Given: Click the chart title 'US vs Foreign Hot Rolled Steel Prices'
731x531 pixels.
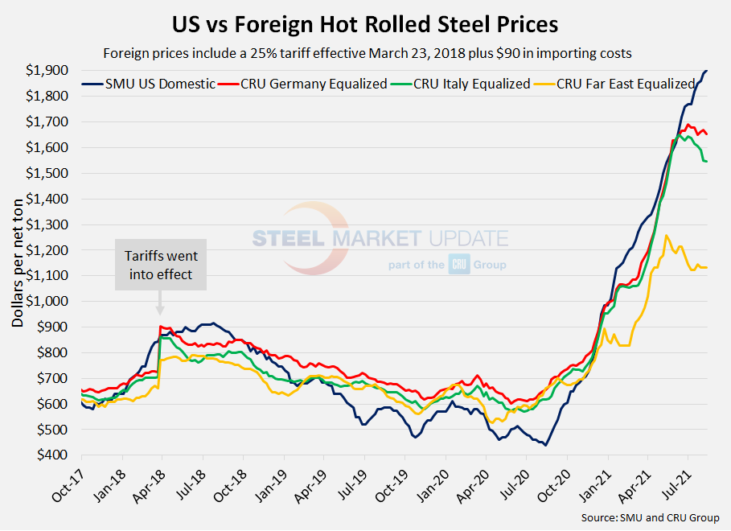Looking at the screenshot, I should (x=365, y=24).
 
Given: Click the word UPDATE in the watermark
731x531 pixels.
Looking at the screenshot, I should (x=466, y=239).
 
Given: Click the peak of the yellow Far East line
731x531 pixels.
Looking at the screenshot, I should (x=666, y=236).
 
